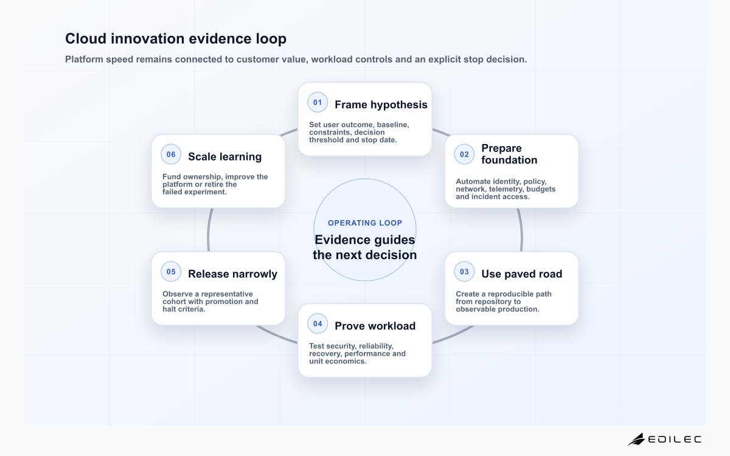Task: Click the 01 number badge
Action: (x=318, y=102)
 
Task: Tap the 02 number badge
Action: (x=464, y=154)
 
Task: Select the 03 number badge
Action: (x=464, y=272)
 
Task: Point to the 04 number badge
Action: (x=318, y=323)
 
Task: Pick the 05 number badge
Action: (x=171, y=272)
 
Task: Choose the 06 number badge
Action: (x=171, y=154)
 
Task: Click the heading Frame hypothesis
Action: (x=381, y=105)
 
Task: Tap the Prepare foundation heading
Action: (x=509, y=154)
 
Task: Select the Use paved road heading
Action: (x=522, y=274)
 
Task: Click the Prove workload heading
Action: (x=375, y=326)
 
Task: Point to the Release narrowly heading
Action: (x=232, y=274)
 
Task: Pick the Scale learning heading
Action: (x=225, y=157)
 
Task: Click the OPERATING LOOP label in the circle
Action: (x=365, y=223)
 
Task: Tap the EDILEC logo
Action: (x=664, y=439)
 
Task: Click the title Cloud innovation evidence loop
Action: (x=176, y=38)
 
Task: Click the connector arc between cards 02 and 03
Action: (x=521, y=230)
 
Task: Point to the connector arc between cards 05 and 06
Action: (x=209, y=230)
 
